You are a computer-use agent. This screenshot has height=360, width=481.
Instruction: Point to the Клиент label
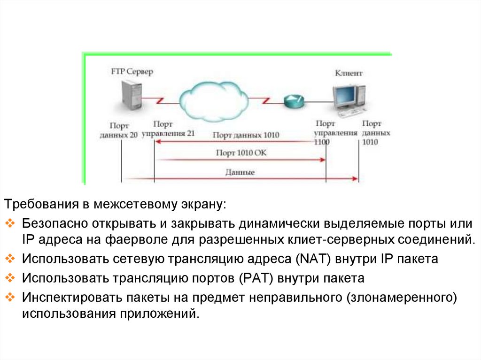(349, 73)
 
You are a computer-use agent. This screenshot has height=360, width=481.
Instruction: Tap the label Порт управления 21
(168, 129)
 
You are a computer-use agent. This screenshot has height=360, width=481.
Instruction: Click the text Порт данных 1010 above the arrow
(246, 135)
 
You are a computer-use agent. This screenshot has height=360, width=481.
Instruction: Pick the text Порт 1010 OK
(241, 153)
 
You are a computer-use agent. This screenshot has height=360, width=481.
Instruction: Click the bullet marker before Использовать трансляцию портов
(11, 278)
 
